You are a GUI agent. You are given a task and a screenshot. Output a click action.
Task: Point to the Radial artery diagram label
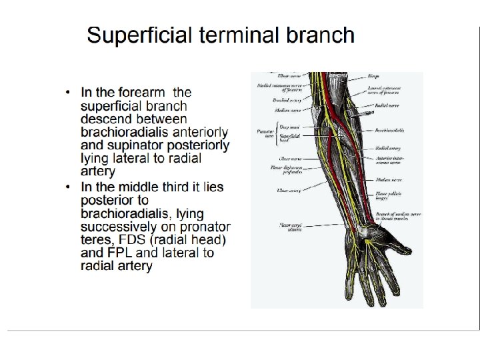click(387, 148)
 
